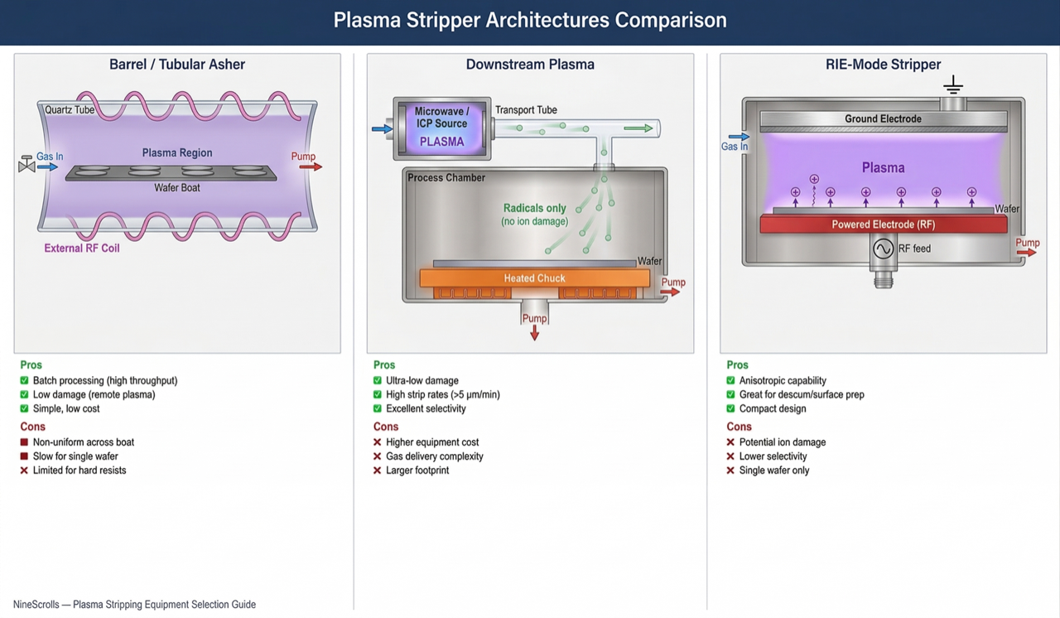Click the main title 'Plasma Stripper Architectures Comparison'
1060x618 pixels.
pyautogui.click(x=530, y=20)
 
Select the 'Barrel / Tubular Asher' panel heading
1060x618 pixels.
pyautogui.click(x=177, y=65)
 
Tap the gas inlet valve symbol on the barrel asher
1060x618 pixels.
pyautogui.click(x=26, y=166)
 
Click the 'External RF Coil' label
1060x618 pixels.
pyautogui.click(x=82, y=249)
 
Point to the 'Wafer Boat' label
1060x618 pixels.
pyautogui.click(x=177, y=188)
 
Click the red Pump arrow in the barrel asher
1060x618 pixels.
pyautogui.click(x=311, y=167)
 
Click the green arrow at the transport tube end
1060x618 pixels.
pyautogui.click(x=638, y=128)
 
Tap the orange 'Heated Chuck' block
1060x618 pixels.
pyautogui.click(x=534, y=278)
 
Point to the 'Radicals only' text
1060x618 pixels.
pyautogui.click(x=534, y=209)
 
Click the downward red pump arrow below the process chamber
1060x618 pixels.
pyautogui.click(x=534, y=332)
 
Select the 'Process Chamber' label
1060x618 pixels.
pyautogui.click(x=446, y=178)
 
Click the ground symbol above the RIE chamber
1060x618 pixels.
pyautogui.click(x=953, y=85)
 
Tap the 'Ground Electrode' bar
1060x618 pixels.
pyautogui.click(x=883, y=119)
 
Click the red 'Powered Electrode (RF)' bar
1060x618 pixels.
pyautogui.click(x=883, y=225)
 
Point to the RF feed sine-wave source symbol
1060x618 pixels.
pyautogui.click(x=883, y=249)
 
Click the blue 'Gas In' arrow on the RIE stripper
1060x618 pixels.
pyautogui.click(x=739, y=137)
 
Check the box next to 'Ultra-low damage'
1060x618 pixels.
pyautogui.click(x=378, y=381)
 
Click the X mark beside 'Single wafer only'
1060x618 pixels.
pyautogui.click(x=730, y=471)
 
